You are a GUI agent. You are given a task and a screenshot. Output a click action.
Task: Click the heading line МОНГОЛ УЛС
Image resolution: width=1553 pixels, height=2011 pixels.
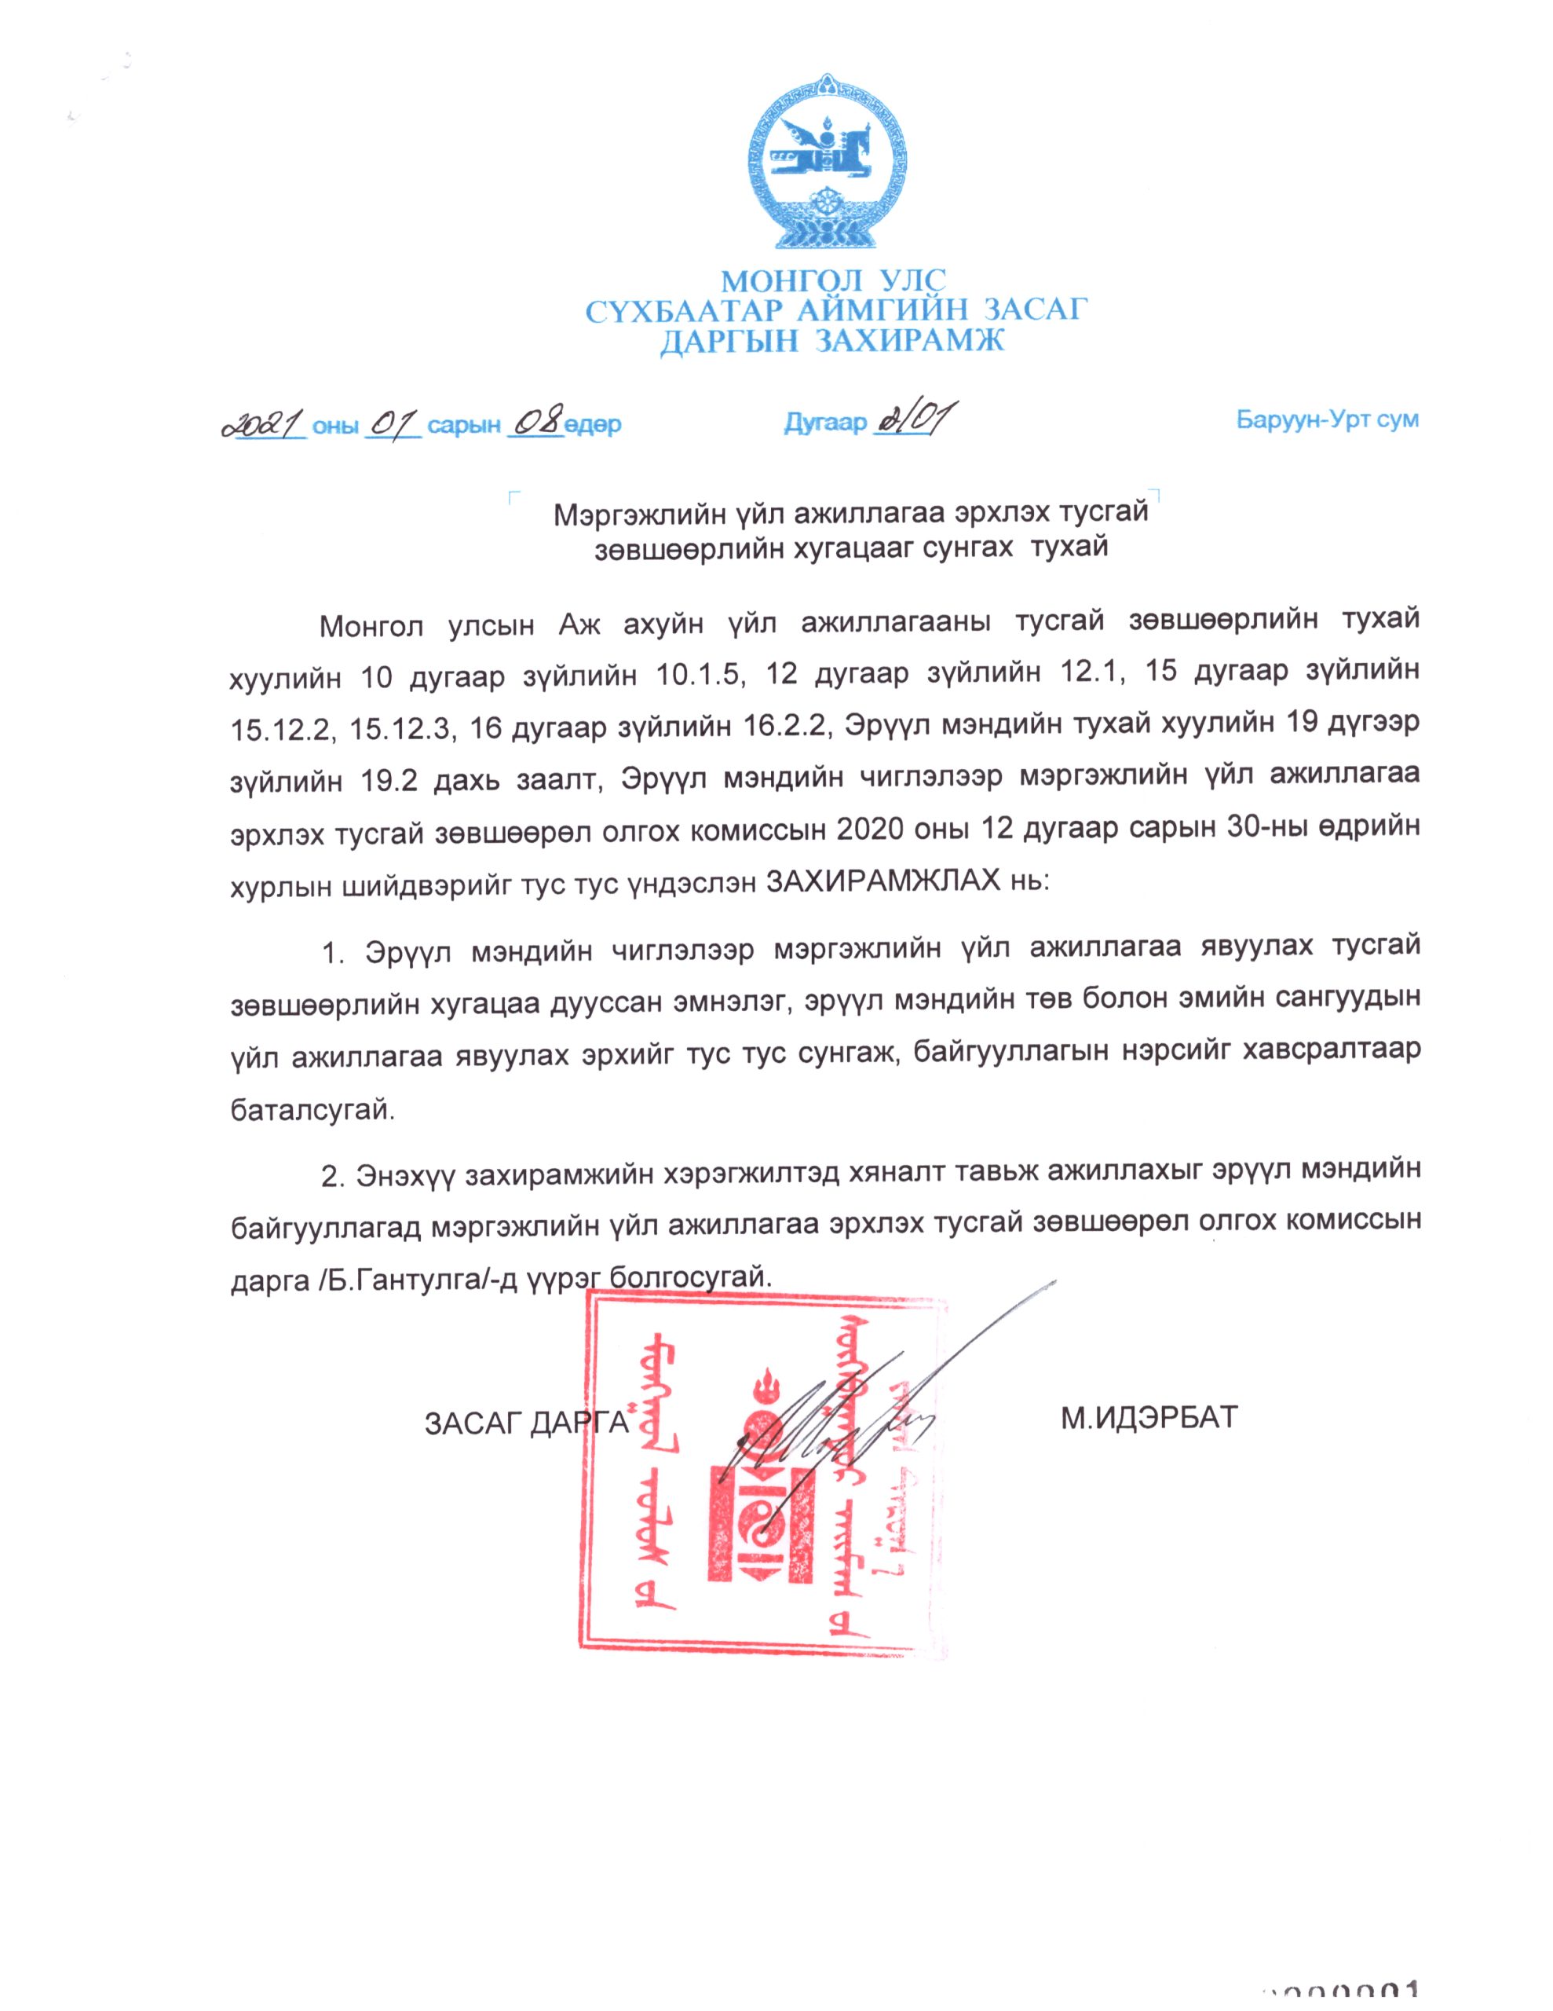[833, 279]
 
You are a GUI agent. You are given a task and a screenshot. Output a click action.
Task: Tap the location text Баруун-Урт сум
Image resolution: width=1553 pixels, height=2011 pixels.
[1327, 421]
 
